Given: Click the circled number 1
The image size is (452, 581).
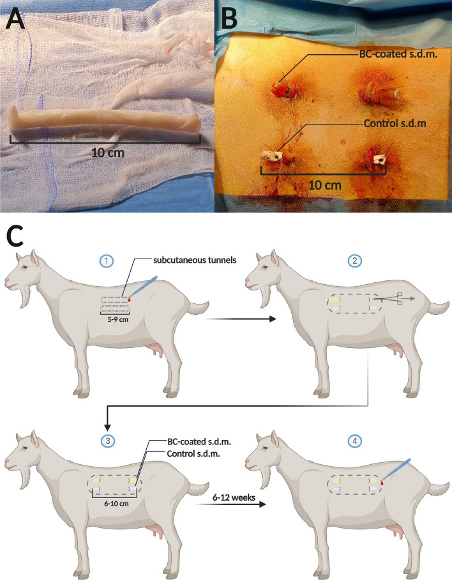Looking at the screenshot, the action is [x=108, y=262].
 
